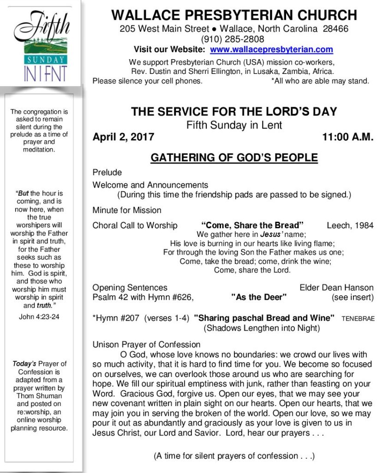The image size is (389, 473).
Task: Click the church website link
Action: (271, 49)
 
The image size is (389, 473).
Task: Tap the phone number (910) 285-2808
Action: (233, 39)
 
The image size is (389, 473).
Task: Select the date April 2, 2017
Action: (123, 137)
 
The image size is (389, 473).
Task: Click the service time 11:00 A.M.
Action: (347, 137)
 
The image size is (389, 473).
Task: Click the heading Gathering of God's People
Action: (234, 158)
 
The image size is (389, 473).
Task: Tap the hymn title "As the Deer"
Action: (258, 297)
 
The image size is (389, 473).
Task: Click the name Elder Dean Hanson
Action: (336, 287)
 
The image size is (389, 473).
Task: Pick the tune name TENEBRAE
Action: (358, 319)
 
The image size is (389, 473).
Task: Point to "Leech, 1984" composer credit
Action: (350, 226)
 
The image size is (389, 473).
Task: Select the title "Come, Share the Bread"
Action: (252, 226)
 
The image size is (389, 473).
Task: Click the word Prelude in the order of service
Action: (107, 173)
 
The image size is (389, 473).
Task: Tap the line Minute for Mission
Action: (127, 210)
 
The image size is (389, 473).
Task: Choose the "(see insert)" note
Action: (353, 297)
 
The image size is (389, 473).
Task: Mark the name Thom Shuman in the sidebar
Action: (39, 396)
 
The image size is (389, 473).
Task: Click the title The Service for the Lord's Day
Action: (234, 112)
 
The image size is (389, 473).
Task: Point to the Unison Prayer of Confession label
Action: (146, 345)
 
